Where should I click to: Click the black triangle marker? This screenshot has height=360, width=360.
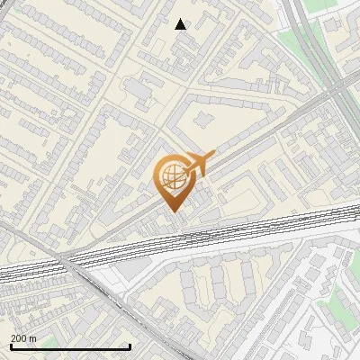click(x=181, y=24)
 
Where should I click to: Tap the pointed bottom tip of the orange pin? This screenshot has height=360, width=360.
click(x=171, y=211)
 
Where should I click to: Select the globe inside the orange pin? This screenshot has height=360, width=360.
click(x=171, y=176)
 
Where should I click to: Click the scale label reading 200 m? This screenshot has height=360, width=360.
click(x=23, y=337)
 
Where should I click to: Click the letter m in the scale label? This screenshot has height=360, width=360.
click(x=33, y=337)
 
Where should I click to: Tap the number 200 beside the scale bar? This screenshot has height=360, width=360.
click(x=19, y=337)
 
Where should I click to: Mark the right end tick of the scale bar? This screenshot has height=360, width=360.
click(x=130, y=346)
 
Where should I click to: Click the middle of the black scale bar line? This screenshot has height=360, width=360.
click(x=69, y=346)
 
